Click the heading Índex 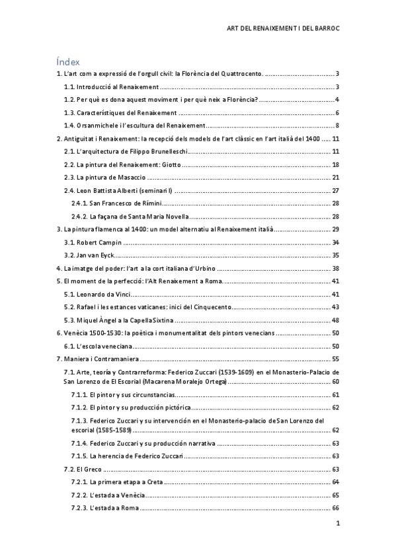[69, 61]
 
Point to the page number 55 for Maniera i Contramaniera [335, 359]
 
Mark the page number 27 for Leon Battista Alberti [335, 190]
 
